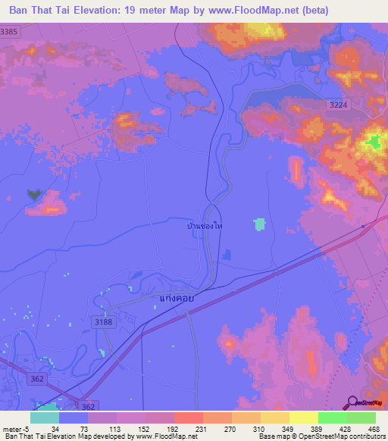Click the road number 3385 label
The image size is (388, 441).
pos(9,31)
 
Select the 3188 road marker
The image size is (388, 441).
pos(104,322)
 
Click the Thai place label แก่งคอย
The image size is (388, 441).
pos(177,299)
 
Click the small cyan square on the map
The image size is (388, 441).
pos(260,224)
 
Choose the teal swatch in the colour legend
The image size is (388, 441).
pos(44,418)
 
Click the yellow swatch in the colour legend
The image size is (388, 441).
pos(303,418)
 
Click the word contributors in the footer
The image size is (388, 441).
pos(366,436)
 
